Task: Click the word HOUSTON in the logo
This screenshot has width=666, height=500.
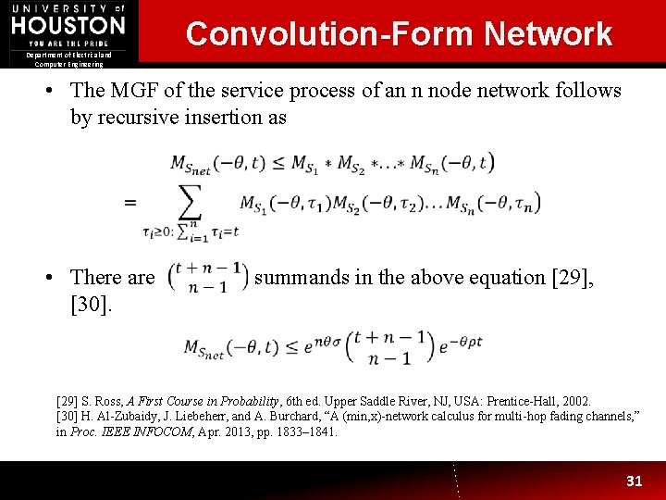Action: coord(68,25)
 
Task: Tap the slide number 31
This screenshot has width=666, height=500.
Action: coord(634,481)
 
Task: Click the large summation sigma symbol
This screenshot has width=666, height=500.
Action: coord(189,202)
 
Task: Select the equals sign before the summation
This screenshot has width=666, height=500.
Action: coord(130,202)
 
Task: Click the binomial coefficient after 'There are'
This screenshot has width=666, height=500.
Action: coord(207,277)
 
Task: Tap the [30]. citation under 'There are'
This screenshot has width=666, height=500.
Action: coord(91,303)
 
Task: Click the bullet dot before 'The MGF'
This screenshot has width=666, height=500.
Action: coord(57,91)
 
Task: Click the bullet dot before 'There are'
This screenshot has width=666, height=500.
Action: coord(57,277)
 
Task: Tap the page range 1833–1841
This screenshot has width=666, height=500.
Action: coord(304,431)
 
